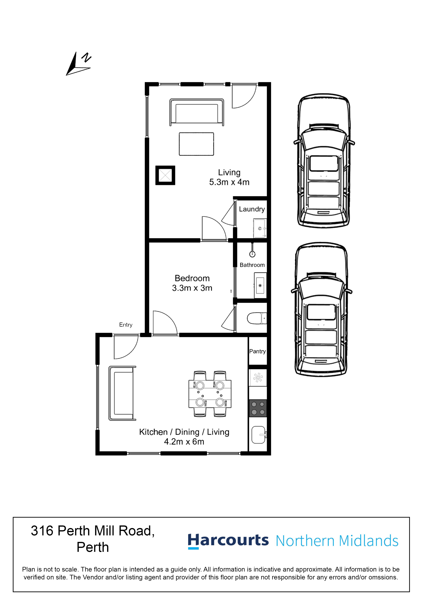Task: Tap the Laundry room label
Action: (x=252, y=209)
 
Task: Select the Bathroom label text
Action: (x=252, y=265)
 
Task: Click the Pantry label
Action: (x=257, y=351)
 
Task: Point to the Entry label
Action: (x=126, y=325)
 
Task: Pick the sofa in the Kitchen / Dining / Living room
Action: (x=122, y=393)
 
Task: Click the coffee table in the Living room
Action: (x=196, y=144)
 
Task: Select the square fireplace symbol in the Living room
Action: (x=165, y=175)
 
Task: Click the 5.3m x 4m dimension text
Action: (x=229, y=182)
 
